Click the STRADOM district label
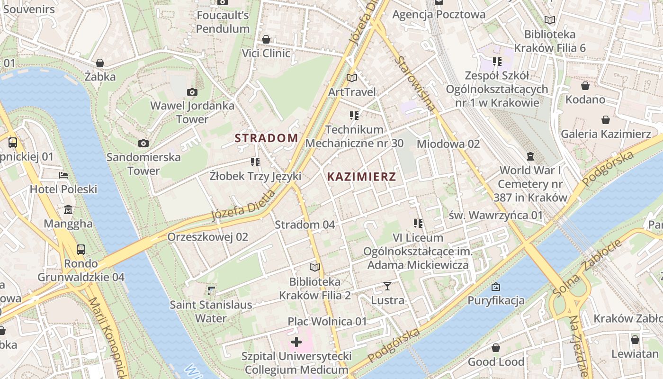coord(267,138)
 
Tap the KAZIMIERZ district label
coord(361,177)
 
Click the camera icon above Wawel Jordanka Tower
coord(192,92)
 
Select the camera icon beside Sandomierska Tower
coord(143,143)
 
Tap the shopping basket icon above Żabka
coord(100,63)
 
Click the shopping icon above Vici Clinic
coord(266,39)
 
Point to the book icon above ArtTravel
coord(351,78)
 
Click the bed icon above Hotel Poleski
coord(63,175)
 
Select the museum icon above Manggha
coord(68,209)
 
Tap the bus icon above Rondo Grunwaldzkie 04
coord(81,249)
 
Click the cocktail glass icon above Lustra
coord(387,286)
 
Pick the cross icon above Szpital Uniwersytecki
coord(296,342)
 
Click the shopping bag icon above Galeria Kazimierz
coord(606,120)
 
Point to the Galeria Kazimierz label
coord(606,134)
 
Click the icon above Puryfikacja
coord(496,286)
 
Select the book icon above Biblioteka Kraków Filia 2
coord(315,267)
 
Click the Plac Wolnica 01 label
coord(327,322)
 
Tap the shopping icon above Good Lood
coord(496,348)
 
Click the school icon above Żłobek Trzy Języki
coord(255,162)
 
